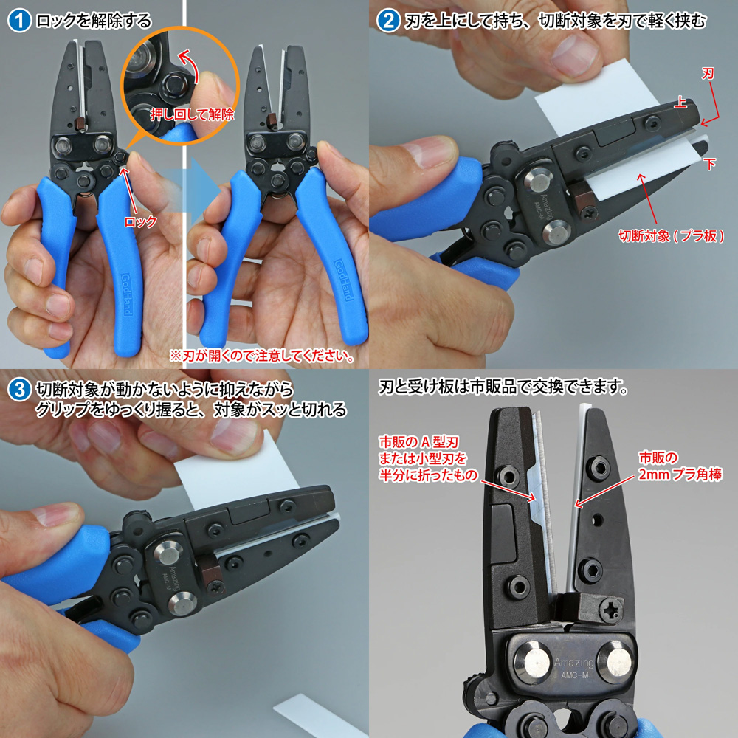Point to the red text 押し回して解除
192,114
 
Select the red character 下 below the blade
711,163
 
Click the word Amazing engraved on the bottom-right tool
573,663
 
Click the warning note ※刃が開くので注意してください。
261,356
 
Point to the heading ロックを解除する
93,20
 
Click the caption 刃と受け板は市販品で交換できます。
503,387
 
